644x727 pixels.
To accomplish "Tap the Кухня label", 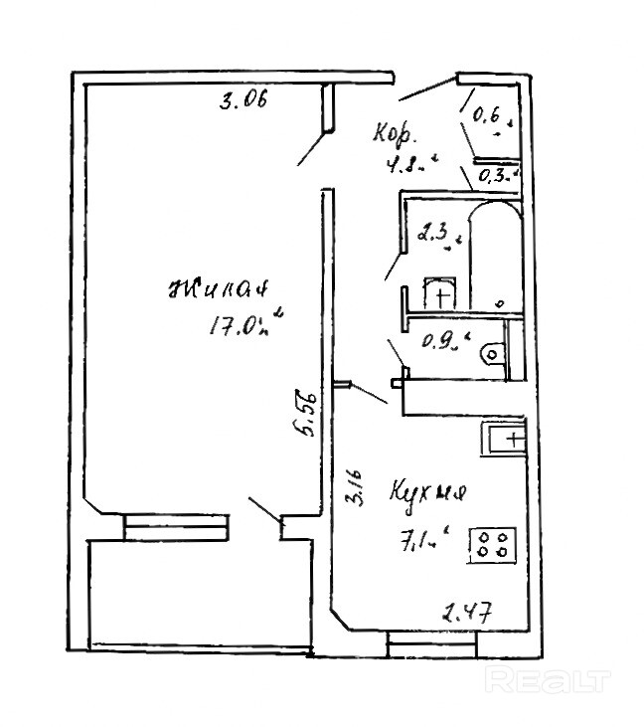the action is [x=428, y=494].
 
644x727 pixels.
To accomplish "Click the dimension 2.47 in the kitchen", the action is [x=466, y=613].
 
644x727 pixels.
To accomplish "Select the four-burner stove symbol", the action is [x=493, y=543].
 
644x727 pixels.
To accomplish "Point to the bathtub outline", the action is [x=494, y=254].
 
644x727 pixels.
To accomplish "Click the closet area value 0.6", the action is [x=489, y=117].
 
